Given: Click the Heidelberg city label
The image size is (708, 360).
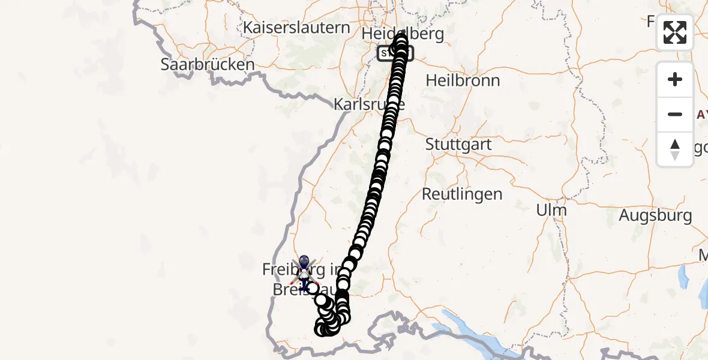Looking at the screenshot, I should [403, 33].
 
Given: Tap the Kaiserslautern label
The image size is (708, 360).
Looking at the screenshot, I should [296, 28].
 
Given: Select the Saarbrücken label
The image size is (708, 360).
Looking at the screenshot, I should [208, 64].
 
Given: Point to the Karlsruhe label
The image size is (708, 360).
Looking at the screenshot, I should [368, 104].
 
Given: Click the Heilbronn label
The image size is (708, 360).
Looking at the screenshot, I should [463, 80].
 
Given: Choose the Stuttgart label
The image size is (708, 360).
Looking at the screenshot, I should [458, 145].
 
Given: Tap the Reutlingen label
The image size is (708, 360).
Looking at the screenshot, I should [462, 194].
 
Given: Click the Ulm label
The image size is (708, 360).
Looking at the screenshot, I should [551, 210].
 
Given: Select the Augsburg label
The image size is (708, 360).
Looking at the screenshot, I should [655, 215].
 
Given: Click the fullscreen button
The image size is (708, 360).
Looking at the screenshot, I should [675, 32].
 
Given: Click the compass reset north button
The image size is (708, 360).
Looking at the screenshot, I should [675, 149].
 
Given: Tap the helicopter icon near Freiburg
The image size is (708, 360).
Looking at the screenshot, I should [304, 273].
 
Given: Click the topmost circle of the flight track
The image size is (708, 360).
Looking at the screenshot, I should [400, 40].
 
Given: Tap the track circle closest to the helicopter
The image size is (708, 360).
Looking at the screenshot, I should [313, 288].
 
